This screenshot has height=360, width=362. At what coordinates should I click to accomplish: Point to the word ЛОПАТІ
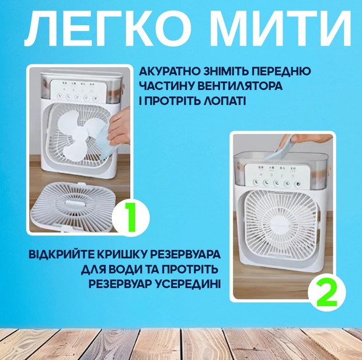(225, 101)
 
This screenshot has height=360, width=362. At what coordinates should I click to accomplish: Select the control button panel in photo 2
(274, 175)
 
